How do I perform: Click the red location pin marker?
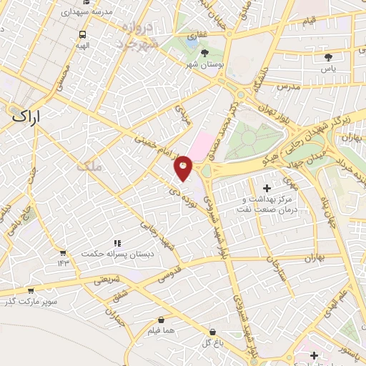click(184, 167)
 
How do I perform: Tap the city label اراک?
click(27, 116)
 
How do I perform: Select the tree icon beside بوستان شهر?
click(206, 53)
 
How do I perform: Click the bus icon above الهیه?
click(83, 34)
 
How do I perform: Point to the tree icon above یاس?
click(328, 56)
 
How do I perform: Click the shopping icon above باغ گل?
click(213, 332)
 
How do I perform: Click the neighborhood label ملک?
click(93, 166)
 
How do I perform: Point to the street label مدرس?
click(287, 86)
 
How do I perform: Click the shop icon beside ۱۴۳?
click(63, 252)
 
